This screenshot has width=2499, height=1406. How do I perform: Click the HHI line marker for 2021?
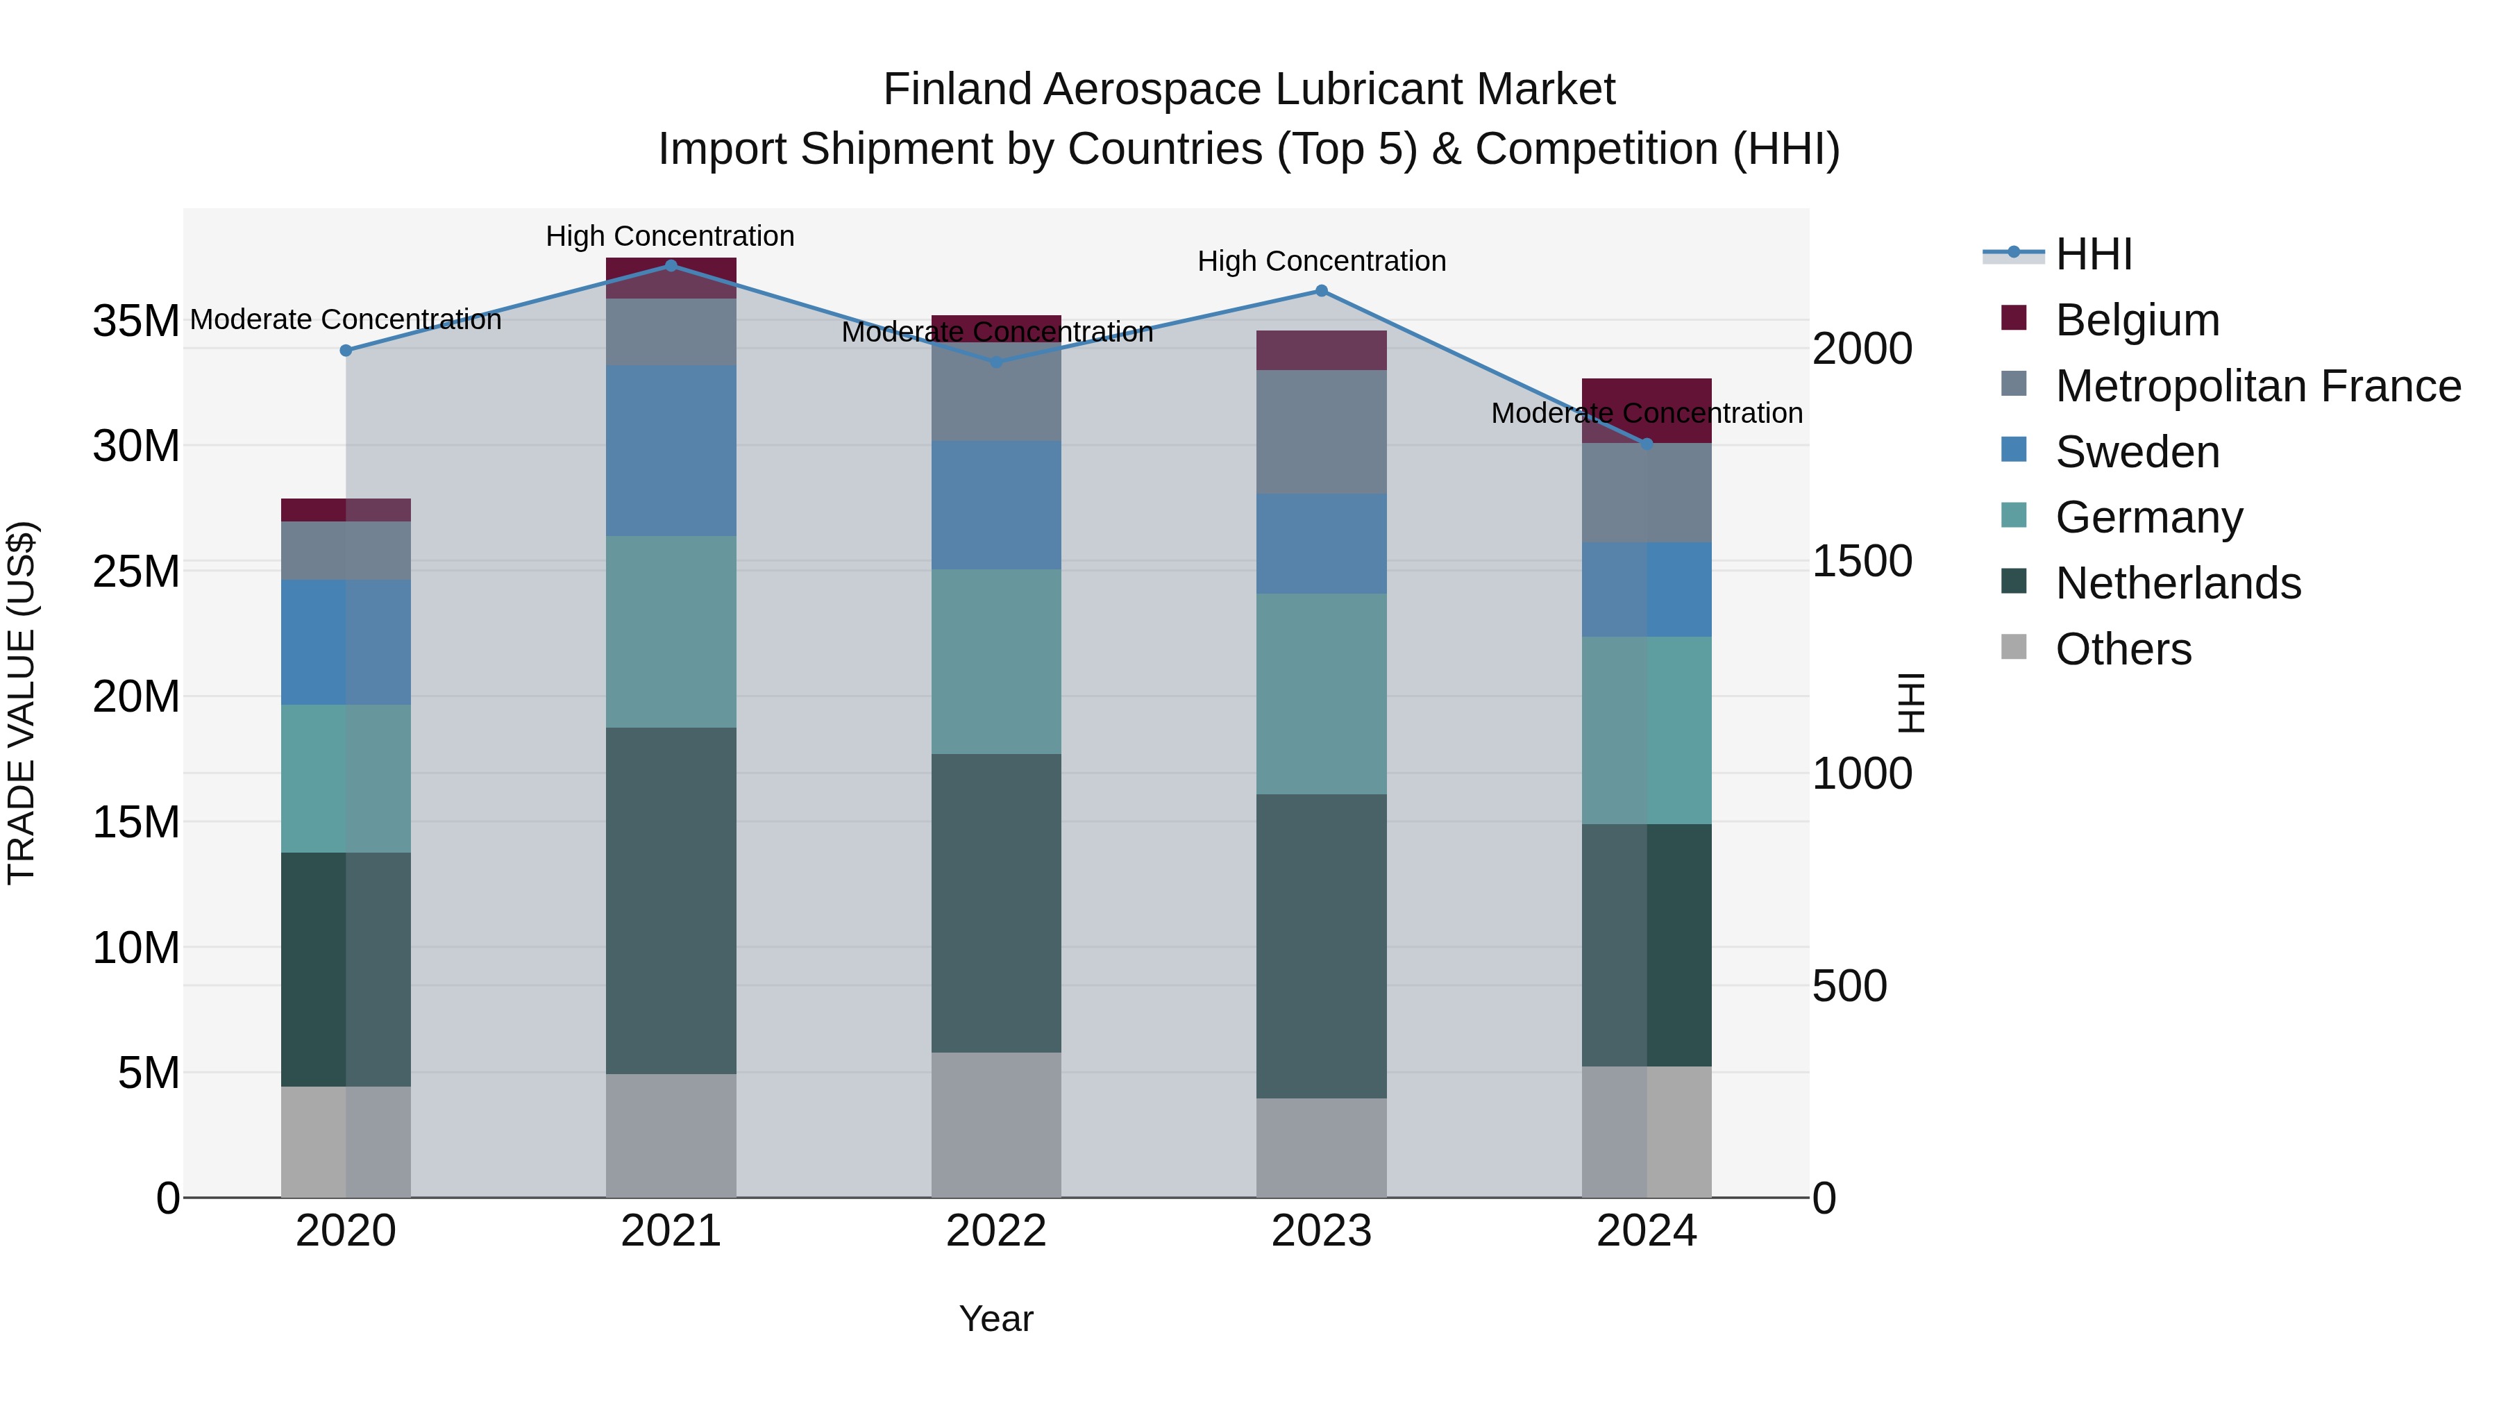click(x=671, y=265)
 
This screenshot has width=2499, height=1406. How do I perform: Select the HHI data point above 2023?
click(x=1321, y=290)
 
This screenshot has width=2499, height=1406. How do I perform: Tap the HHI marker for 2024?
click(x=1647, y=444)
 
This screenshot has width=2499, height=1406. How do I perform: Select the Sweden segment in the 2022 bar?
click(x=996, y=505)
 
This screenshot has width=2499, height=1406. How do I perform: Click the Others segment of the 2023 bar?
click(x=1321, y=1147)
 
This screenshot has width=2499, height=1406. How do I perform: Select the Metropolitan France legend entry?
click(x=2257, y=386)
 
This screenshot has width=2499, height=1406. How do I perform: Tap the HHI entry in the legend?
click(x=2094, y=254)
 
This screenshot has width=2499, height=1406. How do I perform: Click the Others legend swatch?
click(x=2014, y=647)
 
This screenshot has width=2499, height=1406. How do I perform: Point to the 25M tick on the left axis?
click(x=136, y=571)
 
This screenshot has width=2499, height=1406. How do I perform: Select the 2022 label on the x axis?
click(x=996, y=1231)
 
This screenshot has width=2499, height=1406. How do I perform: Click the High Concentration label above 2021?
click(x=671, y=236)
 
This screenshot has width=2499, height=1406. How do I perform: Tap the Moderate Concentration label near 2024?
click(x=1647, y=412)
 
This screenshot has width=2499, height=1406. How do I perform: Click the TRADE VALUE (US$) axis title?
click(x=22, y=703)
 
